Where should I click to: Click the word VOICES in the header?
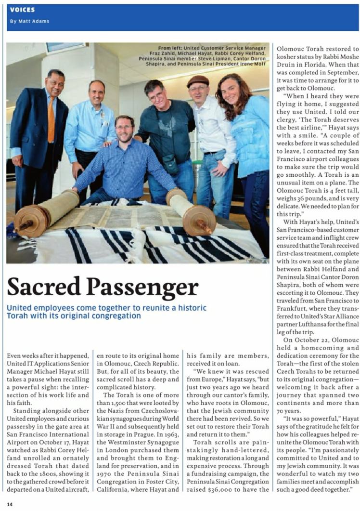coord(22,10)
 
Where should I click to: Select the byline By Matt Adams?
coord(29,21)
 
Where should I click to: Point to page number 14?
coord(9,504)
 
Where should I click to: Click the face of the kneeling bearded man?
coord(125,130)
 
